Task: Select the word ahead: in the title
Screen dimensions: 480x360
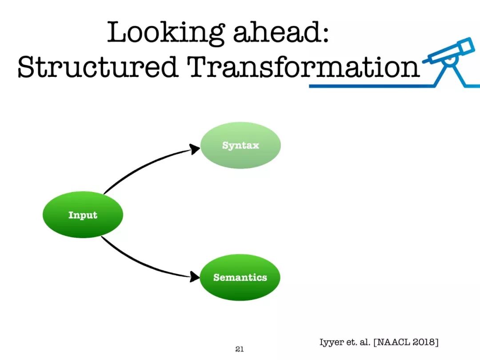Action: point(281,32)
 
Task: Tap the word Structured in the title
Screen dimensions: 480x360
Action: point(98,66)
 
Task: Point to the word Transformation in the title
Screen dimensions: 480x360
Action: point(303,66)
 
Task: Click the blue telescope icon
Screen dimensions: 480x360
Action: point(449,61)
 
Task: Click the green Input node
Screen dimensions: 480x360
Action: point(83,215)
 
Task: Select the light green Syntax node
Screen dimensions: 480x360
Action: point(240,145)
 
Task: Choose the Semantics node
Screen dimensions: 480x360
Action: point(240,277)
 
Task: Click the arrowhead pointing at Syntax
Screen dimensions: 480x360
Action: point(194,149)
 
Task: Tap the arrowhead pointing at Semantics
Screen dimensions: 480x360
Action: point(194,277)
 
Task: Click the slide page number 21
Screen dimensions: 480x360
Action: point(240,349)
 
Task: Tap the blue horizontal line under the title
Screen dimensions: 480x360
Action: point(372,86)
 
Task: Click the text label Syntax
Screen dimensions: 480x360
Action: point(240,145)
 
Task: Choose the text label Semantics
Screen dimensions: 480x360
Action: point(240,277)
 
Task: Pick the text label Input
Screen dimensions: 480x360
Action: point(83,215)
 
